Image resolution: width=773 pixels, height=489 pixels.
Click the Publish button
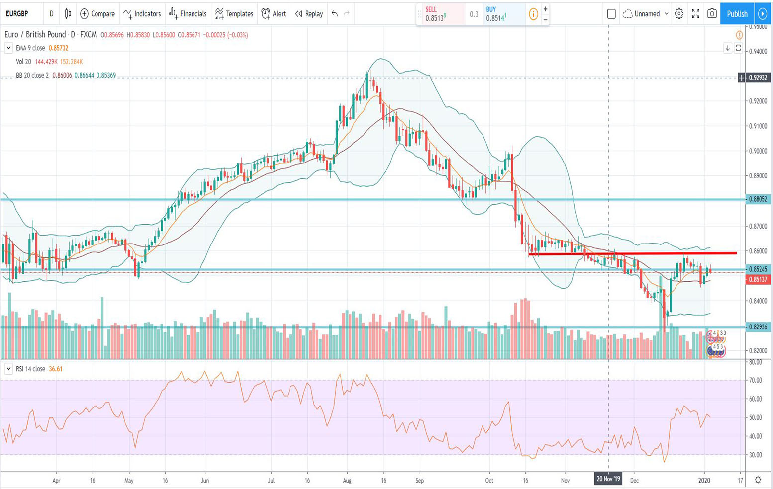tap(737, 14)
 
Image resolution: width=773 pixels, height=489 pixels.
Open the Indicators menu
tap(142, 14)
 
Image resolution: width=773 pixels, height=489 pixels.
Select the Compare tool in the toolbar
tap(97, 14)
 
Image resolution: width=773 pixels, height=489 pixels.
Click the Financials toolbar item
tap(188, 14)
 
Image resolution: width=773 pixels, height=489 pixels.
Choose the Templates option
tap(234, 14)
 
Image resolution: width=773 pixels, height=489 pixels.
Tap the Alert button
tap(274, 14)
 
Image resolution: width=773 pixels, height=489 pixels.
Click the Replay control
tap(309, 14)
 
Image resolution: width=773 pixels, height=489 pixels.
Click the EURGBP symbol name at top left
tap(17, 14)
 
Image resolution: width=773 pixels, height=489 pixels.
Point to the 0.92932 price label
tap(757, 78)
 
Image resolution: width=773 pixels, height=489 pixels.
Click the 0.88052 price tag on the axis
tap(758, 199)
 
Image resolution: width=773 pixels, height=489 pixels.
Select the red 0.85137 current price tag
tap(757, 279)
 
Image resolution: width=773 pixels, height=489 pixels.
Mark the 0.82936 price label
tap(758, 327)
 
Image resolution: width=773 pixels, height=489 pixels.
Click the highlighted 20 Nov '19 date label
tap(608, 479)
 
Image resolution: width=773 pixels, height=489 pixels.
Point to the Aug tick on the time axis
tap(347, 481)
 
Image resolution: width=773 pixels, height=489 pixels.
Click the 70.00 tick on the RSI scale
tap(756, 380)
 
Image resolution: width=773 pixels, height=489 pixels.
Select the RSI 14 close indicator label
tap(31, 369)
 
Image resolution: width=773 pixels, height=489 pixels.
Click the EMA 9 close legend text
tap(30, 48)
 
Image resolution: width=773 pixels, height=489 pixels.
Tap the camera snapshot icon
tap(712, 14)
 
